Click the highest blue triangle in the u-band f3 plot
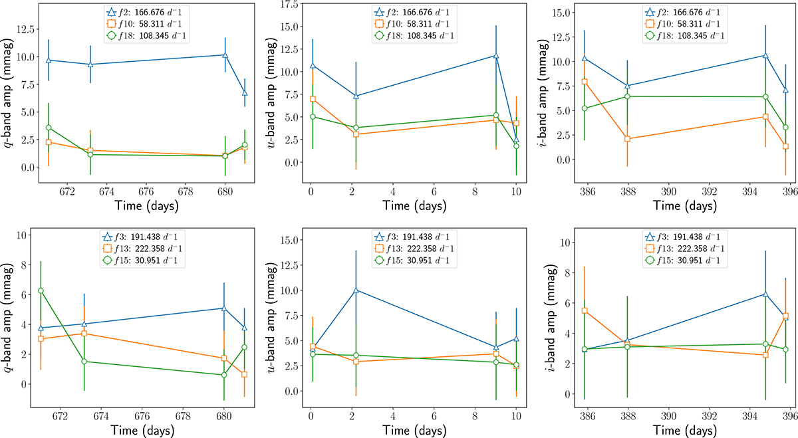coord(356,290)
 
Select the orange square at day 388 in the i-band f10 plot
coord(628,139)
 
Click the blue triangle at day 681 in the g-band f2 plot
coord(245,92)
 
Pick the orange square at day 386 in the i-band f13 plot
coord(585,310)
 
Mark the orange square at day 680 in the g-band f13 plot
coord(224,358)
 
